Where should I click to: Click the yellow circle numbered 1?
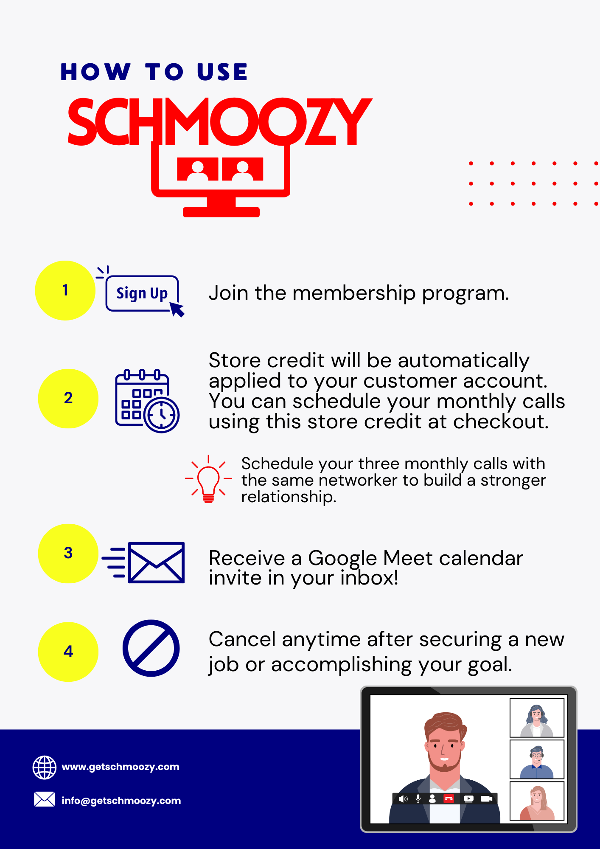[x=65, y=290]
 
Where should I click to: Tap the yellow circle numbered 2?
[x=68, y=399]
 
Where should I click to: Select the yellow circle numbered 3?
[x=68, y=554]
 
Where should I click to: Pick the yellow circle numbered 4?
[x=68, y=652]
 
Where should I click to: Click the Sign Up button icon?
[x=141, y=293]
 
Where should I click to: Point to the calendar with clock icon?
[x=147, y=401]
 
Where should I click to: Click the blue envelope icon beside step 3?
[x=143, y=562]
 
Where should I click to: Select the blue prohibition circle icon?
[x=151, y=648]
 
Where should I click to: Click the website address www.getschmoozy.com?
[x=121, y=767]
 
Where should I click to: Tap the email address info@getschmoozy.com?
[x=121, y=801]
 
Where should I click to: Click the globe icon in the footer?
[x=45, y=767]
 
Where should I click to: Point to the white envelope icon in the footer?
[x=45, y=799]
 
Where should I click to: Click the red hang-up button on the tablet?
[x=449, y=798]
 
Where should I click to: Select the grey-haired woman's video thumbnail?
[x=537, y=718]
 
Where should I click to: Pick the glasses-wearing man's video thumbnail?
[x=537, y=759]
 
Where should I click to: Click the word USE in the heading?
[x=222, y=72]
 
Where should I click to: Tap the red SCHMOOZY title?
[x=219, y=122]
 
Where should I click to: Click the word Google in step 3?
[x=338, y=559]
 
